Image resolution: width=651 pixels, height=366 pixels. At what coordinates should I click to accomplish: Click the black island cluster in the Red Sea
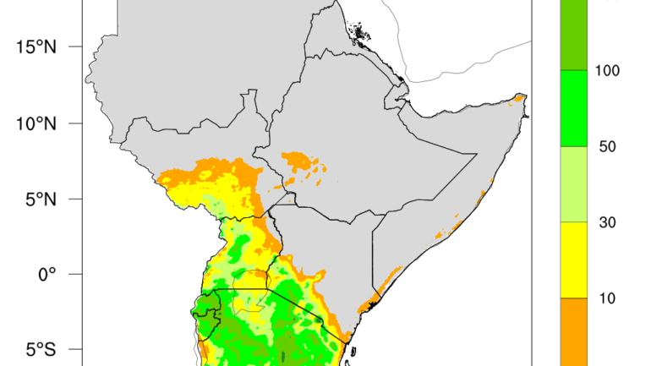[362, 36]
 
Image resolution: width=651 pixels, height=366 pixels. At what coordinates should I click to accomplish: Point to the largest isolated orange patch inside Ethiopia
[298, 160]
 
